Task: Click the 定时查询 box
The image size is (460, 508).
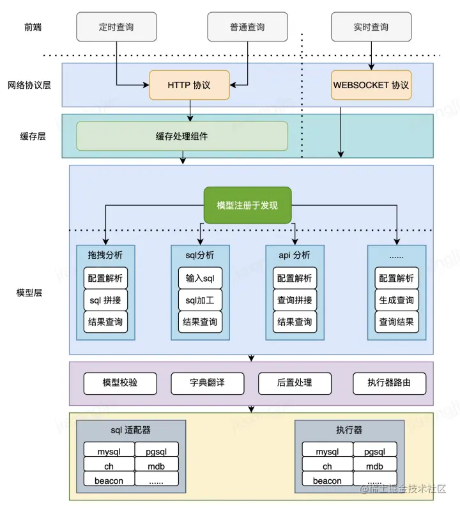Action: [x=117, y=27]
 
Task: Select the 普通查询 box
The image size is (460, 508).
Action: [x=247, y=27]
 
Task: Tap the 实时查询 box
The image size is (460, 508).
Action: [x=371, y=27]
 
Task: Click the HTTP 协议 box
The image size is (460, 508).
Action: [x=189, y=85]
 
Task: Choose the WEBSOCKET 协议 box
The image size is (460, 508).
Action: [x=371, y=85]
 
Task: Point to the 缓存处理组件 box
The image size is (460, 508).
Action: [x=182, y=136]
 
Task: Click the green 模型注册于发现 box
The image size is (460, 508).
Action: [x=247, y=205]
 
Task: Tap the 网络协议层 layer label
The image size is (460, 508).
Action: [x=29, y=85]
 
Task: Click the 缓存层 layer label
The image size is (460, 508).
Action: [x=33, y=136]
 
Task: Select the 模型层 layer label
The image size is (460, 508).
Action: [x=29, y=293]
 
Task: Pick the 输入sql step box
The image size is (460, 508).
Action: [x=200, y=278]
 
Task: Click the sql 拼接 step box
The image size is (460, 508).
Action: [x=105, y=300]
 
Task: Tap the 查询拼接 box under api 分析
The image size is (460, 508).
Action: [x=295, y=300]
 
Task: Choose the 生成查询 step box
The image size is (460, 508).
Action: [x=397, y=300]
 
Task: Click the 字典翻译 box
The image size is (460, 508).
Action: [x=208, y=383]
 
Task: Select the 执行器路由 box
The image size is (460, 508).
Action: [x=389, y=383]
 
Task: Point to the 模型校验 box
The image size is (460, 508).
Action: [x=120, y=383]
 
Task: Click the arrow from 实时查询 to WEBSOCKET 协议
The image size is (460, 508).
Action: [x=371, y=56]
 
